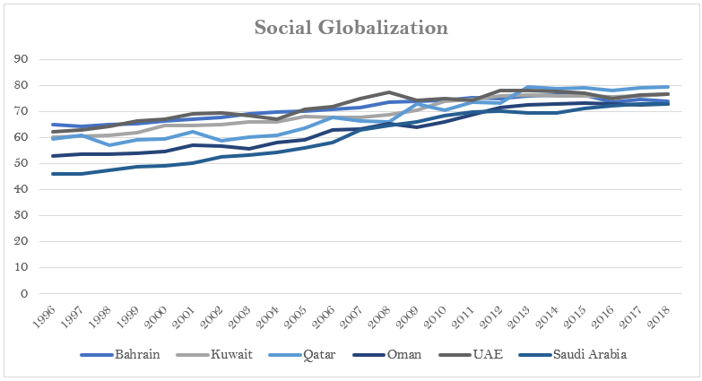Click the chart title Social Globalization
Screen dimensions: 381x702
coord(351,28)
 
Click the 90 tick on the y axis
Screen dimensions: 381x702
coord(36,60)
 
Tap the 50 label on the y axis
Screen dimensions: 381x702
coord(36,164)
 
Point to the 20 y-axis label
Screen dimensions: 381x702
coord(36,242)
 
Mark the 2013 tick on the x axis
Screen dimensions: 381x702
coord(524,313)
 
